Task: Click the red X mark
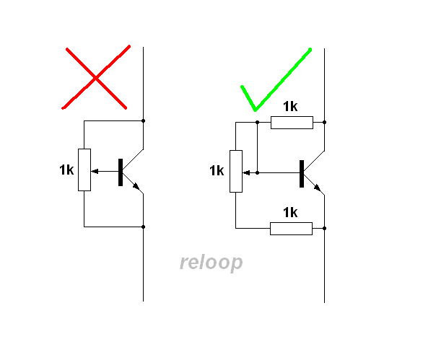96,78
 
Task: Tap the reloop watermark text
211,263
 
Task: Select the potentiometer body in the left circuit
84,170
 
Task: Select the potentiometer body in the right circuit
236,171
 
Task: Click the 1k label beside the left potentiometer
66,170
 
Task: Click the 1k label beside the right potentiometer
217,171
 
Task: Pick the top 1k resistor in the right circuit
292,123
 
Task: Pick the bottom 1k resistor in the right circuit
292,229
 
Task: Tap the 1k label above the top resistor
290,107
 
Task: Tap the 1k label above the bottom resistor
290,213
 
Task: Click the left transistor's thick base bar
121,172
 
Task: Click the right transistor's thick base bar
302,174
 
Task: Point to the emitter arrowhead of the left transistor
136,186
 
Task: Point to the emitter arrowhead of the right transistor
318,188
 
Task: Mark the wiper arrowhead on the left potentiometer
95,171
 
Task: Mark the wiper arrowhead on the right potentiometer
246,173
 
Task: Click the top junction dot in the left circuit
143,120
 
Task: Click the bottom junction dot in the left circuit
143,227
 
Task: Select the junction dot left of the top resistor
258,123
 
